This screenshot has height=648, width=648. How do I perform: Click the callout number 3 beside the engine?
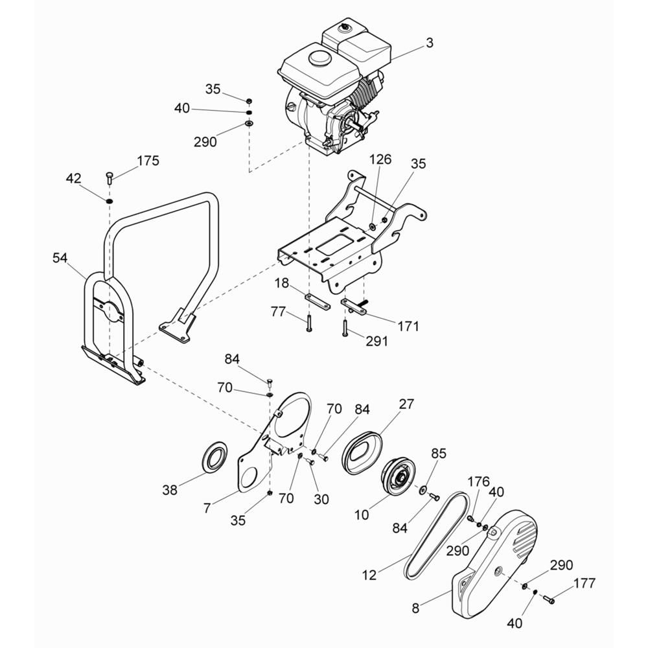click(x=430, y=43)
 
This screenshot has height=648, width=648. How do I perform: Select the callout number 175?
click(x=148, y=160)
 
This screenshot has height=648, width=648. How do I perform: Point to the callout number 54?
click(x=60, y=259)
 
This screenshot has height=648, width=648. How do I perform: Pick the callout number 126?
click(x=380, y=159)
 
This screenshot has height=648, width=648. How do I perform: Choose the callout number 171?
click(x=408, y=326)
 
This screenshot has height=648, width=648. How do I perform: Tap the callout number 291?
click(x=376, y=341)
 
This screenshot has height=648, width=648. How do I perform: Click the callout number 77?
click(x=278, y=311)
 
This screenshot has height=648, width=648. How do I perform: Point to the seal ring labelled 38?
click(x=215, y=456)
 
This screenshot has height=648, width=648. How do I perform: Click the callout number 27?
click(x=406, y=404)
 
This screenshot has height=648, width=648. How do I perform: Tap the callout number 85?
click(x=439, y=454)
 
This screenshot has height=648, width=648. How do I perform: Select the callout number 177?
click(x=584, y=583)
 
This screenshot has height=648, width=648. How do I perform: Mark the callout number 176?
click(x=479, y=481)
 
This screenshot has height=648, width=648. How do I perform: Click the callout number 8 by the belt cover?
click(x=416, y=608)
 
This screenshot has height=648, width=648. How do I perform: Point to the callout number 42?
click(x=74, y=179)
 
